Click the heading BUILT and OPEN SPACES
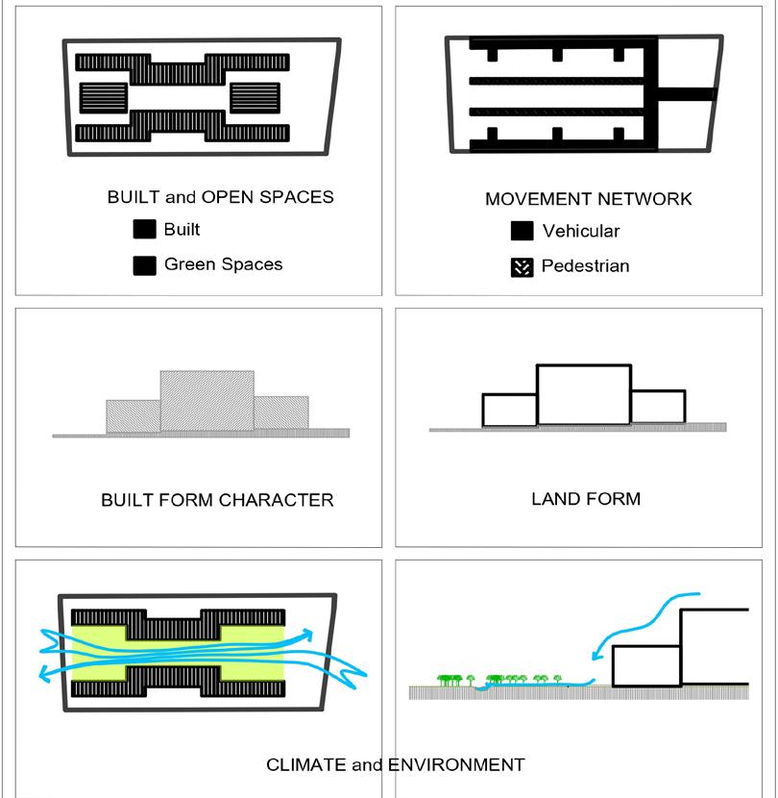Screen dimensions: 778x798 click(220, 197)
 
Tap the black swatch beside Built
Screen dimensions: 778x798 click(144, 230)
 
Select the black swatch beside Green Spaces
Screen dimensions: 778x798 click(144, 265)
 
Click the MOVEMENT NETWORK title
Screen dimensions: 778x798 click(588, 199)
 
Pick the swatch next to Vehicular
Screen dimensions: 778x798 click(522, 232)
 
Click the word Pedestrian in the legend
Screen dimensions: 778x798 click(585, 266)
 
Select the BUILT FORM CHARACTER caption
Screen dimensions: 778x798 click(217, 500)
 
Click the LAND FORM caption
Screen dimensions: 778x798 click(585, 499)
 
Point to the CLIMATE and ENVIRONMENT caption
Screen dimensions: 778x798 click(395, 765)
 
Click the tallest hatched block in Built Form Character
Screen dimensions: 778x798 click(207, 400)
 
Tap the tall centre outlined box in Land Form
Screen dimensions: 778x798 click(583, 394)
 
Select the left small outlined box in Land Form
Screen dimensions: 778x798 click(508, 410)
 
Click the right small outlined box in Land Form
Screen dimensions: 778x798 click(658, 407)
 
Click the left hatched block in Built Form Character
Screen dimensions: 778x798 click(133, 415)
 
